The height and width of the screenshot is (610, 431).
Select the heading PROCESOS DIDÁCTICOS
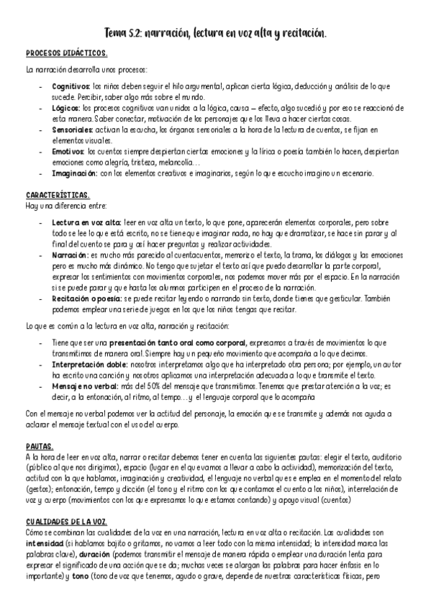coord(66,53)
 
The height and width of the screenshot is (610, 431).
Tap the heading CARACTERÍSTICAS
coord(58,196)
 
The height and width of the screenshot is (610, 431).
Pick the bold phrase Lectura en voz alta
coord(81,223)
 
